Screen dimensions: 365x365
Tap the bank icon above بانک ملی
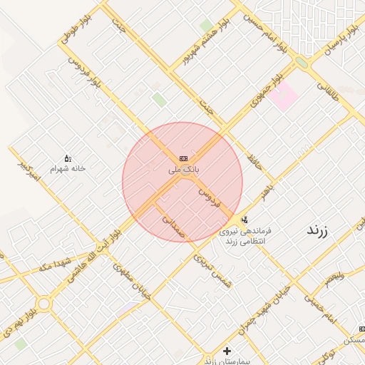(183, 158)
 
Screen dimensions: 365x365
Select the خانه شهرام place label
(67, 169)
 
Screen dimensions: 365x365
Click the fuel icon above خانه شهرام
(68, 158)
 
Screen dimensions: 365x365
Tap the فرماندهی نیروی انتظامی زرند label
(245, 237)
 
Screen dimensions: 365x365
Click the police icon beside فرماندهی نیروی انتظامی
(245, 220)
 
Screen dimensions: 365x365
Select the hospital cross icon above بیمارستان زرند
(227, 351)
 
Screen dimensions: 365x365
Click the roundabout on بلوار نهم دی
(43, 304)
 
